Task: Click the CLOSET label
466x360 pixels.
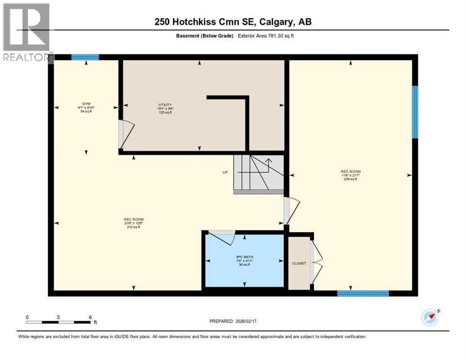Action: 299,263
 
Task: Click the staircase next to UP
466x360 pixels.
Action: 258,173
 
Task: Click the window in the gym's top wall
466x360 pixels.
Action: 85,58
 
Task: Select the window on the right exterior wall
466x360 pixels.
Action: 415,112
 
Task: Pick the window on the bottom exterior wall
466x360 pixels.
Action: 363,294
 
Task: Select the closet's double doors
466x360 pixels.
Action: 317,263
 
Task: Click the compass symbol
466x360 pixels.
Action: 430,317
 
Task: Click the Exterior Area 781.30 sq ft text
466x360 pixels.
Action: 268,36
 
